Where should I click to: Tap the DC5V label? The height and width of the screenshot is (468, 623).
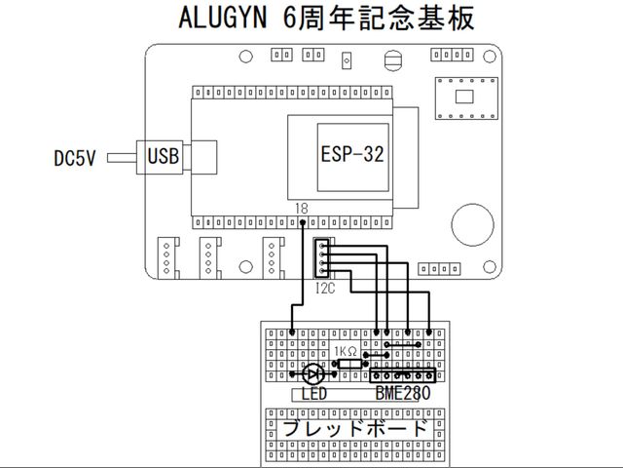coord(74,157)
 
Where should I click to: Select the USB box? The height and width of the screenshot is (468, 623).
coord(164,155)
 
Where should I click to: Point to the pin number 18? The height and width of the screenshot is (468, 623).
coord(303,209)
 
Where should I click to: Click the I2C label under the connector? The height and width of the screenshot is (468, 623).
coord(325,289)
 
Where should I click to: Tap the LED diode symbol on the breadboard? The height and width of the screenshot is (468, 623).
coord(313,374)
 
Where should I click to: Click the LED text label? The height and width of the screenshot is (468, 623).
coord(313,395)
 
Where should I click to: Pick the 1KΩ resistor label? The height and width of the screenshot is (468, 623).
coord(347,351)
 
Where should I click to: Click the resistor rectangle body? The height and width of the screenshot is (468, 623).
coord(348,364)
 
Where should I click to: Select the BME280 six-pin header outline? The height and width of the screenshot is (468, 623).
coord(402,375)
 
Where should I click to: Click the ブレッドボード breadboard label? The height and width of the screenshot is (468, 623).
coord(354,428)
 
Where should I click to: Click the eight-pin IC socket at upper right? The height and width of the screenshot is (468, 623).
coord(463,96)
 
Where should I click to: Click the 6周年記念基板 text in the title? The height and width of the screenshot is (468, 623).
coord(376,19)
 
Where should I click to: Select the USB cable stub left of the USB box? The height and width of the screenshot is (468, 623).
coord(125,156)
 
